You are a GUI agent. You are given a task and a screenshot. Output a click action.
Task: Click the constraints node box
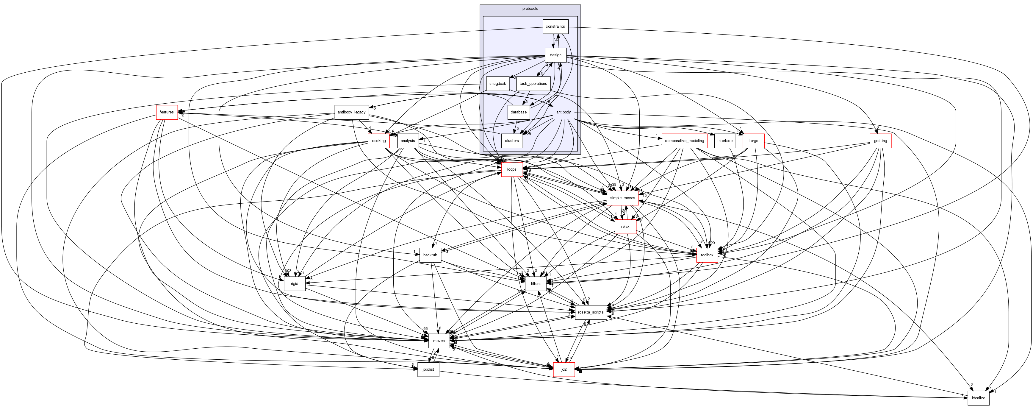pos(555,26)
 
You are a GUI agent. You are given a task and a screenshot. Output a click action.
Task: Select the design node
pos(555,55)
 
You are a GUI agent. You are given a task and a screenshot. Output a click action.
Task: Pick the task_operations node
pos(533,83)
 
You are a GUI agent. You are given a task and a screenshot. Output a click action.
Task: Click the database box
pos(519,112)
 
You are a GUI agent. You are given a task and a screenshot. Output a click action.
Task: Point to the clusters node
pos(512,141)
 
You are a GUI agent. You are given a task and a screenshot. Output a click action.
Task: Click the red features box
pos(166,112)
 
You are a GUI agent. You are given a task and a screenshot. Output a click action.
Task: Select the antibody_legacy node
pos(351,112)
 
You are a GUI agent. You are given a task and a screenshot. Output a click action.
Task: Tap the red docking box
pos(378,141)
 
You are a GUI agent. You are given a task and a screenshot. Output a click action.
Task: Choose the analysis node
pos(408,141)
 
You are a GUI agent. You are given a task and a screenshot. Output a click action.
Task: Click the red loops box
pos(512,169)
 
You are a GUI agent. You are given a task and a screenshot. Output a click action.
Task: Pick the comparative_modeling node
pos(684,141)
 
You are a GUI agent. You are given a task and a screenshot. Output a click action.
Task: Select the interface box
pos(725,141)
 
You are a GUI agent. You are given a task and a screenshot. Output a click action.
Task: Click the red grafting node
pos(880,141)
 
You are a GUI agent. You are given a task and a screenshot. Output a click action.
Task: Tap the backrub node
pos(430,255)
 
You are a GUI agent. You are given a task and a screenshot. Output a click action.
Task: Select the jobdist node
pos(428,369)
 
